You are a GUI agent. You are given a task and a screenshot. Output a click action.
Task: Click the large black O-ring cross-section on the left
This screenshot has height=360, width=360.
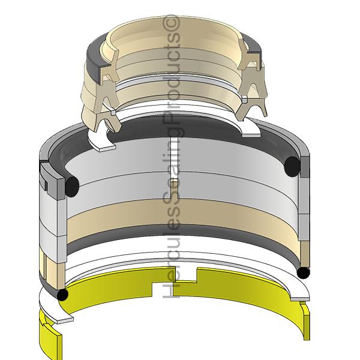[x=72, y=187]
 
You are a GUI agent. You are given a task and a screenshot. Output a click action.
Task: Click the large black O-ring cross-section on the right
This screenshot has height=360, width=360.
[x=292, y=167]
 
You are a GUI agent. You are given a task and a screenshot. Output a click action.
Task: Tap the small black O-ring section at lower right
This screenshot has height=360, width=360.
[x=303, y=273]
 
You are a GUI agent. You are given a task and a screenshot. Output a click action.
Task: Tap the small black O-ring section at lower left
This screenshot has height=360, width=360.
[x=62, y=295]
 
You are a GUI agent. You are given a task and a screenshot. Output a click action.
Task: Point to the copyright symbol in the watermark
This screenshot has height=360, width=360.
[x=171, y=23]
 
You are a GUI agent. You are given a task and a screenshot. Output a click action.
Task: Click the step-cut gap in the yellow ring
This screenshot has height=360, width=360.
[x=175, y=282]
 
